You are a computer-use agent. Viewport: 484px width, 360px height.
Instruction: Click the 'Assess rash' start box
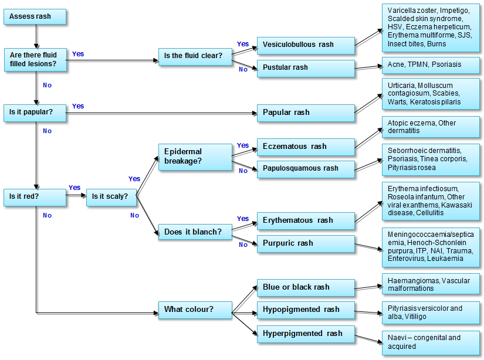35,16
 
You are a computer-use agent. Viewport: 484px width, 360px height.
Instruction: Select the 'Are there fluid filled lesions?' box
35,59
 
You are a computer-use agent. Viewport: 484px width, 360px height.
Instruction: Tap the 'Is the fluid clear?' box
195,56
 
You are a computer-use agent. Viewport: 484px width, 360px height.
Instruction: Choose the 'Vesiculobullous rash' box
305,45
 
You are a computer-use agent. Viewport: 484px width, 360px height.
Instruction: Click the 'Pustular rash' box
305,68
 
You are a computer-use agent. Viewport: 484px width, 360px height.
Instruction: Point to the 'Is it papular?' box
35,111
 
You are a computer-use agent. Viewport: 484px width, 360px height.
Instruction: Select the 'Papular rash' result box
305,113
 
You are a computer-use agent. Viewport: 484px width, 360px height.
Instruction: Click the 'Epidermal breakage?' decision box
195,155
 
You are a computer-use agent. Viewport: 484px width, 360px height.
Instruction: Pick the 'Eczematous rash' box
305,147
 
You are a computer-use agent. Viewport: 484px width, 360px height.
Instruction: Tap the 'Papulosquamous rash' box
305,169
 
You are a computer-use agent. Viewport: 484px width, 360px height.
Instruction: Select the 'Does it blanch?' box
195,232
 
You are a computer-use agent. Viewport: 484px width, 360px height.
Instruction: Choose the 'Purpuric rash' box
305,243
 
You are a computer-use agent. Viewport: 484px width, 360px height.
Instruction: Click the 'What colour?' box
195,310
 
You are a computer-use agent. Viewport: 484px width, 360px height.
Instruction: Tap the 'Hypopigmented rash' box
305,310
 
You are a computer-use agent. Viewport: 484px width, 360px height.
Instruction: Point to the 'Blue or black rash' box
305,287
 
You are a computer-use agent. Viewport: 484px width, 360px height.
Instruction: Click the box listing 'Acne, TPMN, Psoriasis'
430,64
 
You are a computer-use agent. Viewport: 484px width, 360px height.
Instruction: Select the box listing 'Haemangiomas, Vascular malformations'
430,284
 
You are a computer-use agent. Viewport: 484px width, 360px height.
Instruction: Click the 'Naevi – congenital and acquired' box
430,342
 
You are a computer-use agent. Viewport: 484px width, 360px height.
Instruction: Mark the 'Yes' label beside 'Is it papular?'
78,106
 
